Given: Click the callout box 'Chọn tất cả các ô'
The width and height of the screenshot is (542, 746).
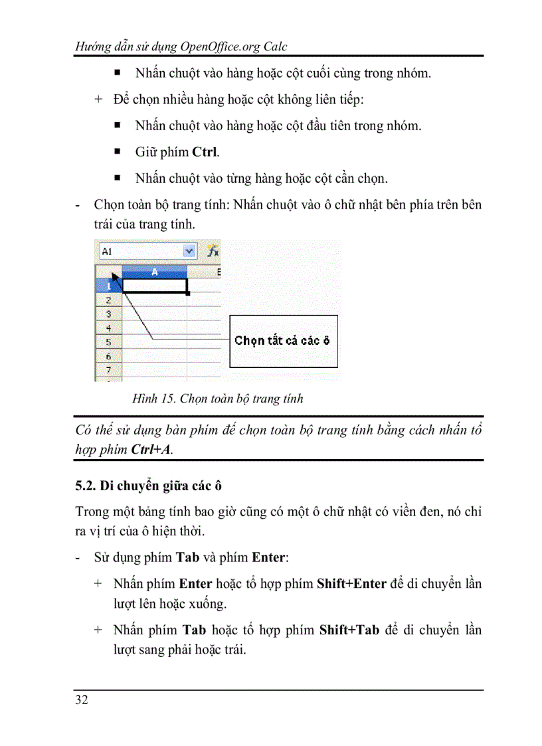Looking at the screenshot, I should click(x=283, y=341).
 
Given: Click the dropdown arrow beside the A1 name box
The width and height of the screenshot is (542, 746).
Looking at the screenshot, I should click(x=189, y=251).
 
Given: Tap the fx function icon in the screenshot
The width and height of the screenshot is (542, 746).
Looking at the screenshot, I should click(x=213, y=251).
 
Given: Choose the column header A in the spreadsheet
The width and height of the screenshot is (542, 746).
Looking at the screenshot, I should click(x=155, y=272).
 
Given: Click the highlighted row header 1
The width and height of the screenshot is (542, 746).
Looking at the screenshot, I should click(x=108, y=286).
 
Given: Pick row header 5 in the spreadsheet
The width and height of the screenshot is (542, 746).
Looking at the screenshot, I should click(x=108, y=342).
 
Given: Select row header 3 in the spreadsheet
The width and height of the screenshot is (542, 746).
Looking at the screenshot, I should click(x=108, y=314).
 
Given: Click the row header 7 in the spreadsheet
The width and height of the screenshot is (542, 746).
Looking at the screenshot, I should click(x=108, y=370).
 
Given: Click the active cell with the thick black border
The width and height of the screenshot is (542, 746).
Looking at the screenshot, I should click(x=155, y=286).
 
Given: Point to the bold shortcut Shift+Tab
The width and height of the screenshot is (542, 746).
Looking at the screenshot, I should click(x=349, y=630).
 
